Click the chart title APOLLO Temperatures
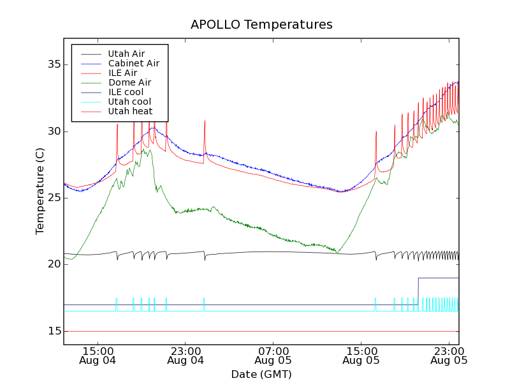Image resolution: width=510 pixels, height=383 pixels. [x=261, y=25]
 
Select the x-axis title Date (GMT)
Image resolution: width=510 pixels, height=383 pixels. [x=261, y=374]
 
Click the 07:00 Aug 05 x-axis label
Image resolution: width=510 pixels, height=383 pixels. [x=273, y=356]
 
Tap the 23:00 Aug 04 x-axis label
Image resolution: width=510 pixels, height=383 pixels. [x=186, y=356]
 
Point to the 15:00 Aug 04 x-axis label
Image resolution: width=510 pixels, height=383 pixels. [x=98, y=356]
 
